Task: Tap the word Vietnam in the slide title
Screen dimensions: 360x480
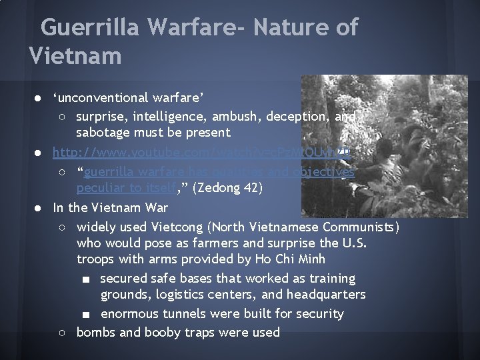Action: pyautogui.click(x=75, y=55)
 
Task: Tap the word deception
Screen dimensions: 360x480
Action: pyautogui.click(x=297, y=117)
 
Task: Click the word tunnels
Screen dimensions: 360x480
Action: pyautogui.click(x=185, y=313)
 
